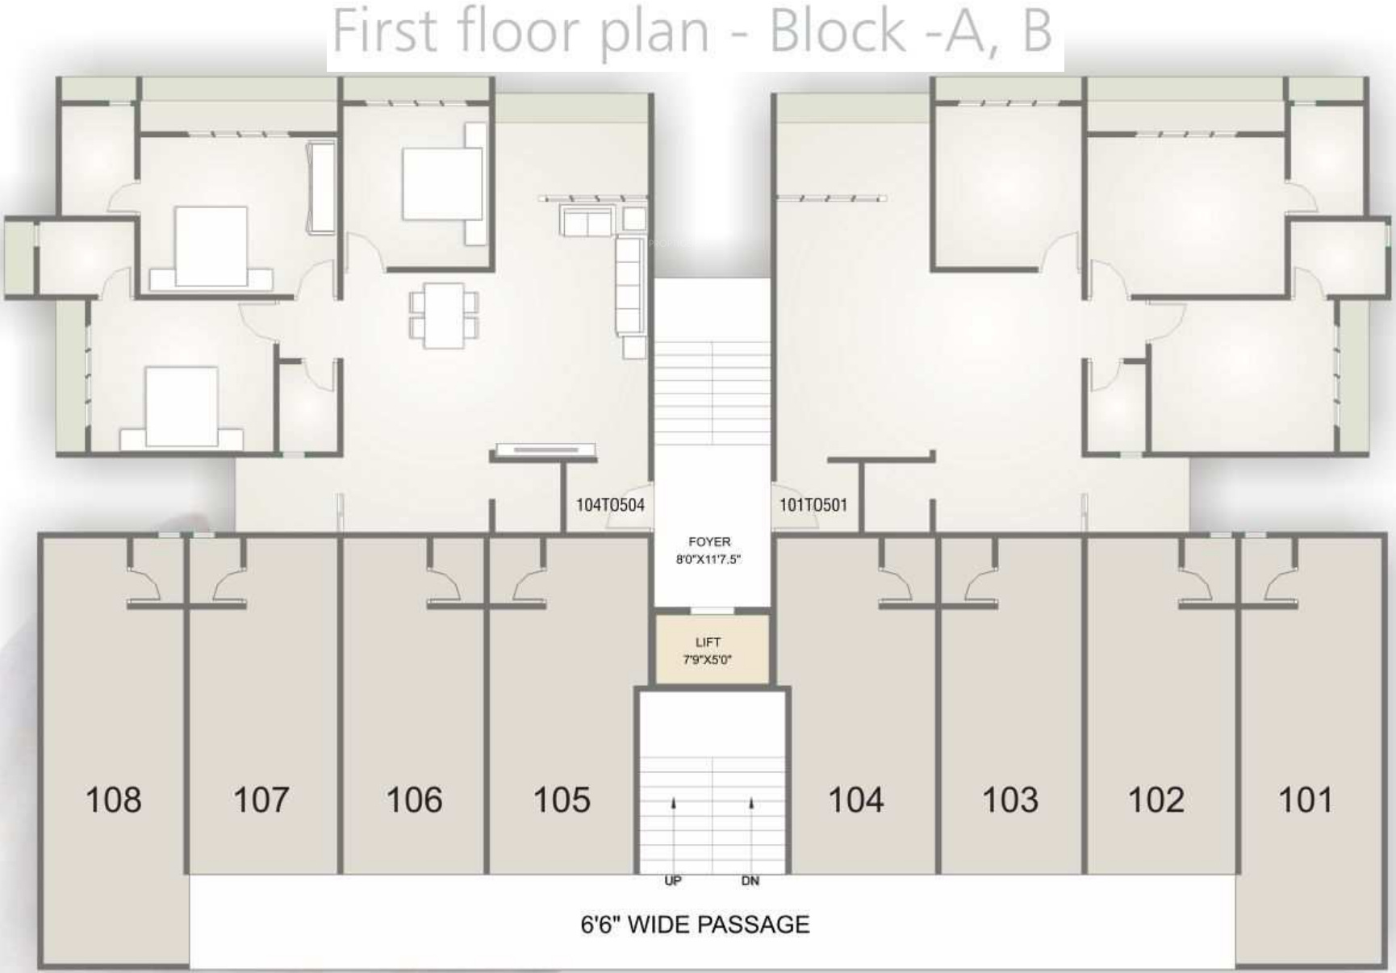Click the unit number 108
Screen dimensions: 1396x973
114,800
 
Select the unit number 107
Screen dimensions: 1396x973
261,800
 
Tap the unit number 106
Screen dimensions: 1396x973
414,800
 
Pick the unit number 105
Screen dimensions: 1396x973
562,800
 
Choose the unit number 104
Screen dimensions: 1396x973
856,800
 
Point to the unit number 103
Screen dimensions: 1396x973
1010,800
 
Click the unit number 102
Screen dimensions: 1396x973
1156,800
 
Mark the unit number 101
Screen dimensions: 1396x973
1306,800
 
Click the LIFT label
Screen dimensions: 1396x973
708,642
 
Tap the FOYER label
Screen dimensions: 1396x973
709,542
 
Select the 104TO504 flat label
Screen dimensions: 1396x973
610,505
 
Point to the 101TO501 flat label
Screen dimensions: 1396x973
813,505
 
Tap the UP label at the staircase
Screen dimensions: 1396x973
673,881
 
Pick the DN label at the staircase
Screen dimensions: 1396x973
750,881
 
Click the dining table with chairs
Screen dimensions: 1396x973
444,315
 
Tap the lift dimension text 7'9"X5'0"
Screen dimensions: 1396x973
708,660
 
